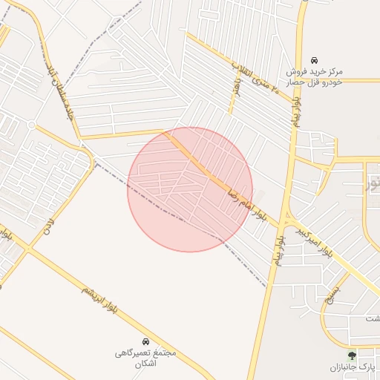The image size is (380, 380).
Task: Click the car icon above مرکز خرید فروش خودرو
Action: pos(315,60)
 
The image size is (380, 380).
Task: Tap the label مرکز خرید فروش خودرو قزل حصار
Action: pos(315,76)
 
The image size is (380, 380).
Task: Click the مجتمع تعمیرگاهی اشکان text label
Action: pos(145,359)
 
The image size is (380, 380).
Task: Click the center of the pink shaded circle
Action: pos(190,189)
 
